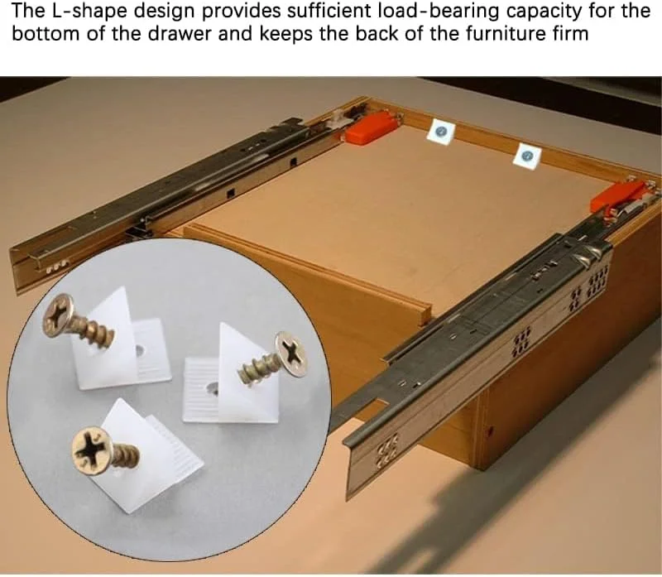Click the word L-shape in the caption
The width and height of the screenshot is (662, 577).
[92, 12]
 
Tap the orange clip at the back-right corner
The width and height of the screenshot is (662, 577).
[617, 197]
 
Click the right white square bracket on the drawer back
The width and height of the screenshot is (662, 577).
[527, 156]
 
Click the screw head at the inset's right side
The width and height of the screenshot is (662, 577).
[290, 354]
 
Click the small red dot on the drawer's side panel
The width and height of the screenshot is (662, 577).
[490, 431]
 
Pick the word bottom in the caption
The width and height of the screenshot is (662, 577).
[46, 34]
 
